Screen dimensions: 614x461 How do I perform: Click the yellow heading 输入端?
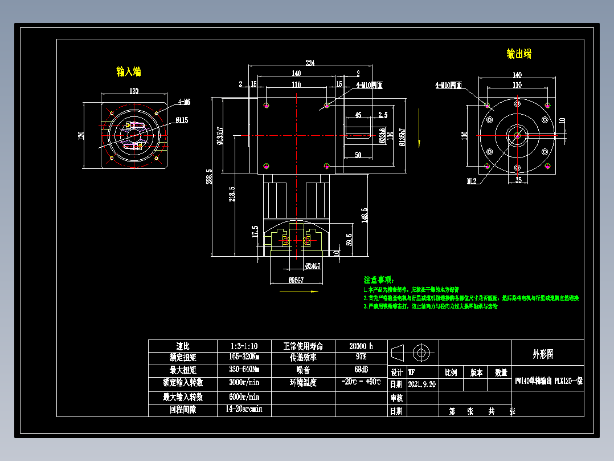tap(129, 72)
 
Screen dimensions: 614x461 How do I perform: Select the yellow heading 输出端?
tap(519, 54)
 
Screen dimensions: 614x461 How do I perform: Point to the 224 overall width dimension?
tap(310, 63)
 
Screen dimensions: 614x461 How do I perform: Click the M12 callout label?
tap(472, 181)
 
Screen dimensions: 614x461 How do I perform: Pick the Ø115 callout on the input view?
tap(182, 120)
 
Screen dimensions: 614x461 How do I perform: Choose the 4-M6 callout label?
tap(183, 102)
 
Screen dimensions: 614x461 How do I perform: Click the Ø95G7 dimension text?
tap(296, 280)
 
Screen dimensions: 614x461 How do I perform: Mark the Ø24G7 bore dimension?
tap(312, 265)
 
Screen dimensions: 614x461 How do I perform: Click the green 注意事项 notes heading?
tap(378, 280)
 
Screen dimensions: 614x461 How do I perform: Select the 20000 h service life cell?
tap(361, 346)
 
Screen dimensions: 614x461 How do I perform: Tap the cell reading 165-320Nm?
tap(244, 358)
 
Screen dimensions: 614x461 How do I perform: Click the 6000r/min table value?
tap(244, 397)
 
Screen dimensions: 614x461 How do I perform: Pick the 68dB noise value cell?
tap(361, 370)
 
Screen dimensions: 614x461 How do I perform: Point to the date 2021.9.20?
tap(422, 384)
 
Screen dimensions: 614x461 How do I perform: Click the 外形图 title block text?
tap(543, 354)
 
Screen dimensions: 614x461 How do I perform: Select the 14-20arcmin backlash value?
tap(243, 409)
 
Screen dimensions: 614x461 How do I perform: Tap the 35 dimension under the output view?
tap(518, 180)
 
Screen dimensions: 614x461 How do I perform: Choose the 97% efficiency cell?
tap(361, 358)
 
